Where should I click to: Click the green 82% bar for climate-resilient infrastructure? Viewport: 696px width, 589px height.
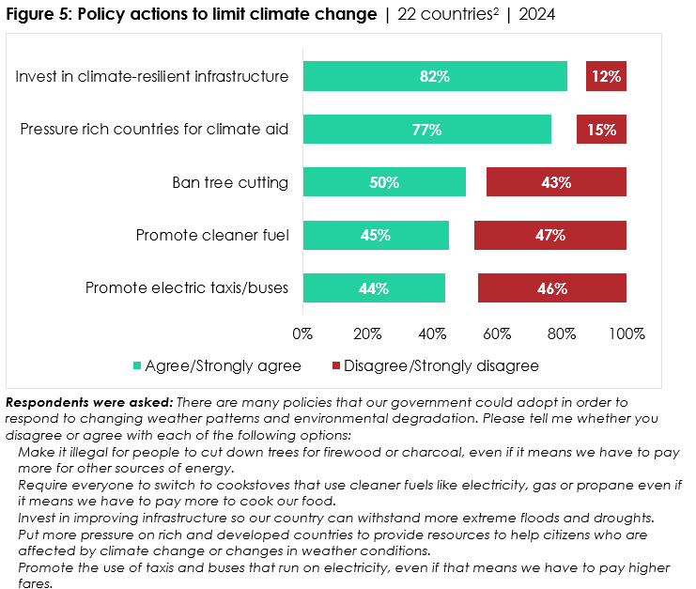[435, 76]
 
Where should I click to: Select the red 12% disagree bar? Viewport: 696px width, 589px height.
[606, 76]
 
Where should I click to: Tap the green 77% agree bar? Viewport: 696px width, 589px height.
[426, 130]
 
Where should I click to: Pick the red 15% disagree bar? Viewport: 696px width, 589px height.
[601, 130]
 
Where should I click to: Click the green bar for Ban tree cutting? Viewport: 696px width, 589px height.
[384, 182]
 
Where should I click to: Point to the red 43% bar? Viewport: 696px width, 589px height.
[556, 182]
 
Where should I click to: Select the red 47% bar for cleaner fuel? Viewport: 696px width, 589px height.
[550, 235]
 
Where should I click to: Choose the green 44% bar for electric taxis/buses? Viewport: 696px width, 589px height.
[374, 288]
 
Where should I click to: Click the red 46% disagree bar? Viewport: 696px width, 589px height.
[552, 288]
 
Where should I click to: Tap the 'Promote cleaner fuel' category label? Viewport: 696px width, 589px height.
[211, 235]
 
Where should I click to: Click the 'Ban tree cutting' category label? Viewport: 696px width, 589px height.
[229, 182]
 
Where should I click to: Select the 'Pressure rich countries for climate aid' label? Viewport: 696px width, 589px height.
[154, 130]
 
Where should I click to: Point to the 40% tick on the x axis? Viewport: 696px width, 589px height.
[432, 333]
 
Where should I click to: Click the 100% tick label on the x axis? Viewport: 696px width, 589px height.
[626, 333]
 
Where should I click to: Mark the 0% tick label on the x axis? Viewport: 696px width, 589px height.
[302, 333]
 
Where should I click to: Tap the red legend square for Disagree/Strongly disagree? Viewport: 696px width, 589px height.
[336, 365]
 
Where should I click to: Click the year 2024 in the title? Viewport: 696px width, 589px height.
[535, 16]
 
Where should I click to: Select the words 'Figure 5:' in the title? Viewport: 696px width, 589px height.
[40, 16]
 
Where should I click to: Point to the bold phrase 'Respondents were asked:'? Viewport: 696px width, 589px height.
[88, 402]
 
